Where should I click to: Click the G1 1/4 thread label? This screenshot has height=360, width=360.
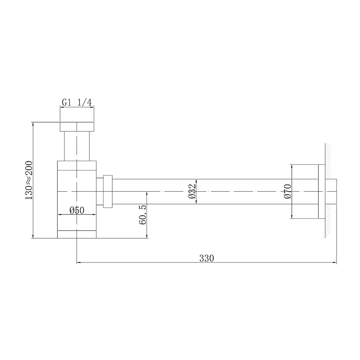(x=77, y=103)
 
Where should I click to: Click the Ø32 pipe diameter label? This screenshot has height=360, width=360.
(x=191, y=192)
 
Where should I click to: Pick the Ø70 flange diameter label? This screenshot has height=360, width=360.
(x=288, y=192)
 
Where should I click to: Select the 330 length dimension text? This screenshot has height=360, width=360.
(x=207, y=258)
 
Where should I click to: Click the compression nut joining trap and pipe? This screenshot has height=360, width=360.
(x=107, y=192)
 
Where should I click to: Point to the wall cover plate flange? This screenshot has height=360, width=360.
(x=321, y=192)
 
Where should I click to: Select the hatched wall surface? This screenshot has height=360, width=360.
(x=328, y=192)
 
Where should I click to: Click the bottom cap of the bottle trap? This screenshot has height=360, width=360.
(x=77, y=234)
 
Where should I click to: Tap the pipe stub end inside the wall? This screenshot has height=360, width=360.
(x=334, y=192)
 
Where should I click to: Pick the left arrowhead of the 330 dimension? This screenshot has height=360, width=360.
(x=80, y=261)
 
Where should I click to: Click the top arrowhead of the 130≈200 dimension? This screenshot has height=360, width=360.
(x=33, y=123)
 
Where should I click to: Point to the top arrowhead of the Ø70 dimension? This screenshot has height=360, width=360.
(x=292, y=166)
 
